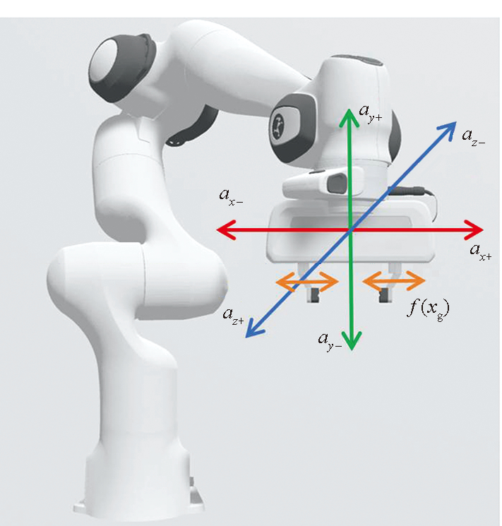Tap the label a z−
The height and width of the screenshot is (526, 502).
tap(473, 138)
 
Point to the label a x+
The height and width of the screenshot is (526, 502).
tap(481, 253)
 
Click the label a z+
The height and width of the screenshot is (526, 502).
tap(233, 317)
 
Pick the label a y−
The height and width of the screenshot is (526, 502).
tap(330, 342)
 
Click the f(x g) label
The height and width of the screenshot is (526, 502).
tap(428, 310)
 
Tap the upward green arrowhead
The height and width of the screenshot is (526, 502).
tap(349, 117)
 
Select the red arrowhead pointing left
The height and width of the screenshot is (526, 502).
tap(226, 229)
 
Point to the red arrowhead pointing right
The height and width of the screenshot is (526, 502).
tap(474, 229)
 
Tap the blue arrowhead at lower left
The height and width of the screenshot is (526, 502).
tap(255, 329)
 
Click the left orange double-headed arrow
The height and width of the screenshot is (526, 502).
tap(306, 282)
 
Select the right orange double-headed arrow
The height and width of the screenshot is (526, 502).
tap(393, 280)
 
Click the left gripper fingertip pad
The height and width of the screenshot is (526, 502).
tap(315, 295)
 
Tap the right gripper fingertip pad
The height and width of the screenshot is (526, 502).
tap(383, 295)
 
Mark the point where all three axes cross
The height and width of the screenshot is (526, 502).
tap(351, 229)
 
